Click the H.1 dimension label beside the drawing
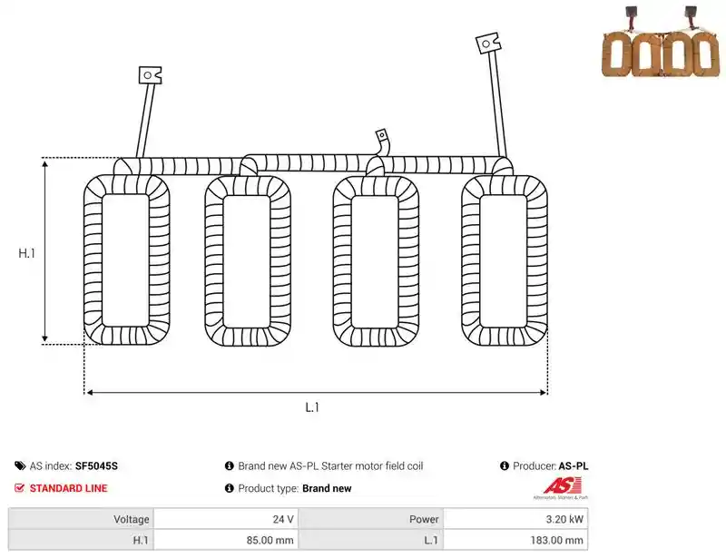coord(27,253)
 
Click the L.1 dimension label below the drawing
coord(312,407)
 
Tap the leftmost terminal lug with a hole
coord(150,75)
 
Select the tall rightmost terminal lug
coord(488,43)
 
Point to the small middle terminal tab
coord(382,136)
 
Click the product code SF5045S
coord(96,465)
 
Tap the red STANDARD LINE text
coord(69,488)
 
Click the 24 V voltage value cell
coord(226,519)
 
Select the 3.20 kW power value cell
coord(515,519)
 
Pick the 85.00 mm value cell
coord(226,540)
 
